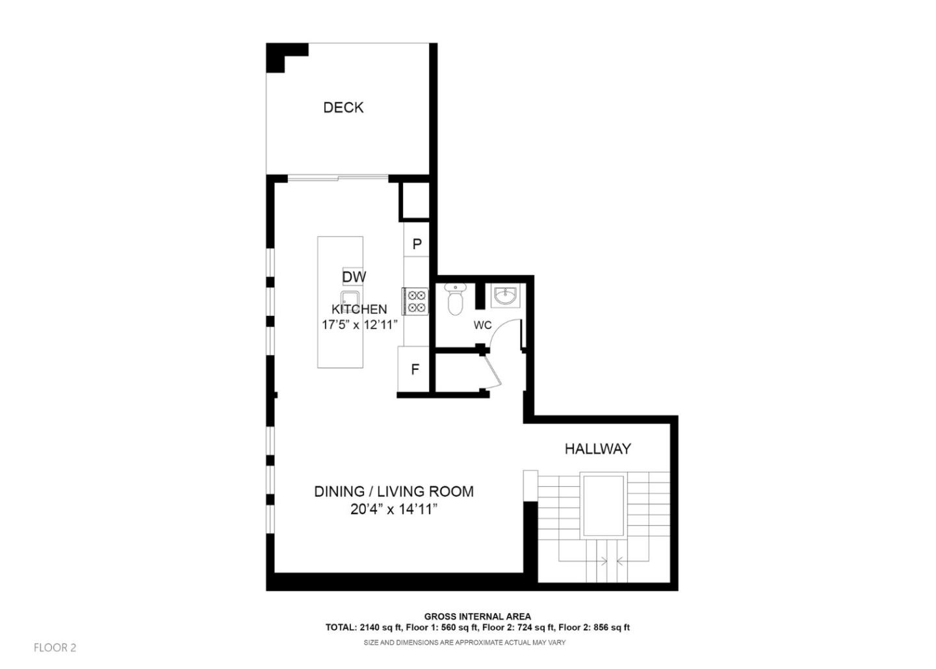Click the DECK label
[x=343, y=107]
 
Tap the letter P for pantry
[x=417, y=244]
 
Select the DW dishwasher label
[x=354, y=277]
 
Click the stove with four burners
[x=416, y=301]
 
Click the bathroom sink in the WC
[x=505, y=296]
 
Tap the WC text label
[x=482, y=325]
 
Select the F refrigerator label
[x=415, y=369]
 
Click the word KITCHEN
[x=359, y=309]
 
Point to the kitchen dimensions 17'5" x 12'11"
[x=359, y=324]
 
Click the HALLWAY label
[x=597, y=449]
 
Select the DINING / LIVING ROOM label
[x=393, y=492]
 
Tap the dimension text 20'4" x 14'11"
[x=393, y=509]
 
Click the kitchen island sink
[x=350, y=300]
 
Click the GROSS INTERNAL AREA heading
[x=477, y=616]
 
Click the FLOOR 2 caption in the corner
[x=55, y=648]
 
